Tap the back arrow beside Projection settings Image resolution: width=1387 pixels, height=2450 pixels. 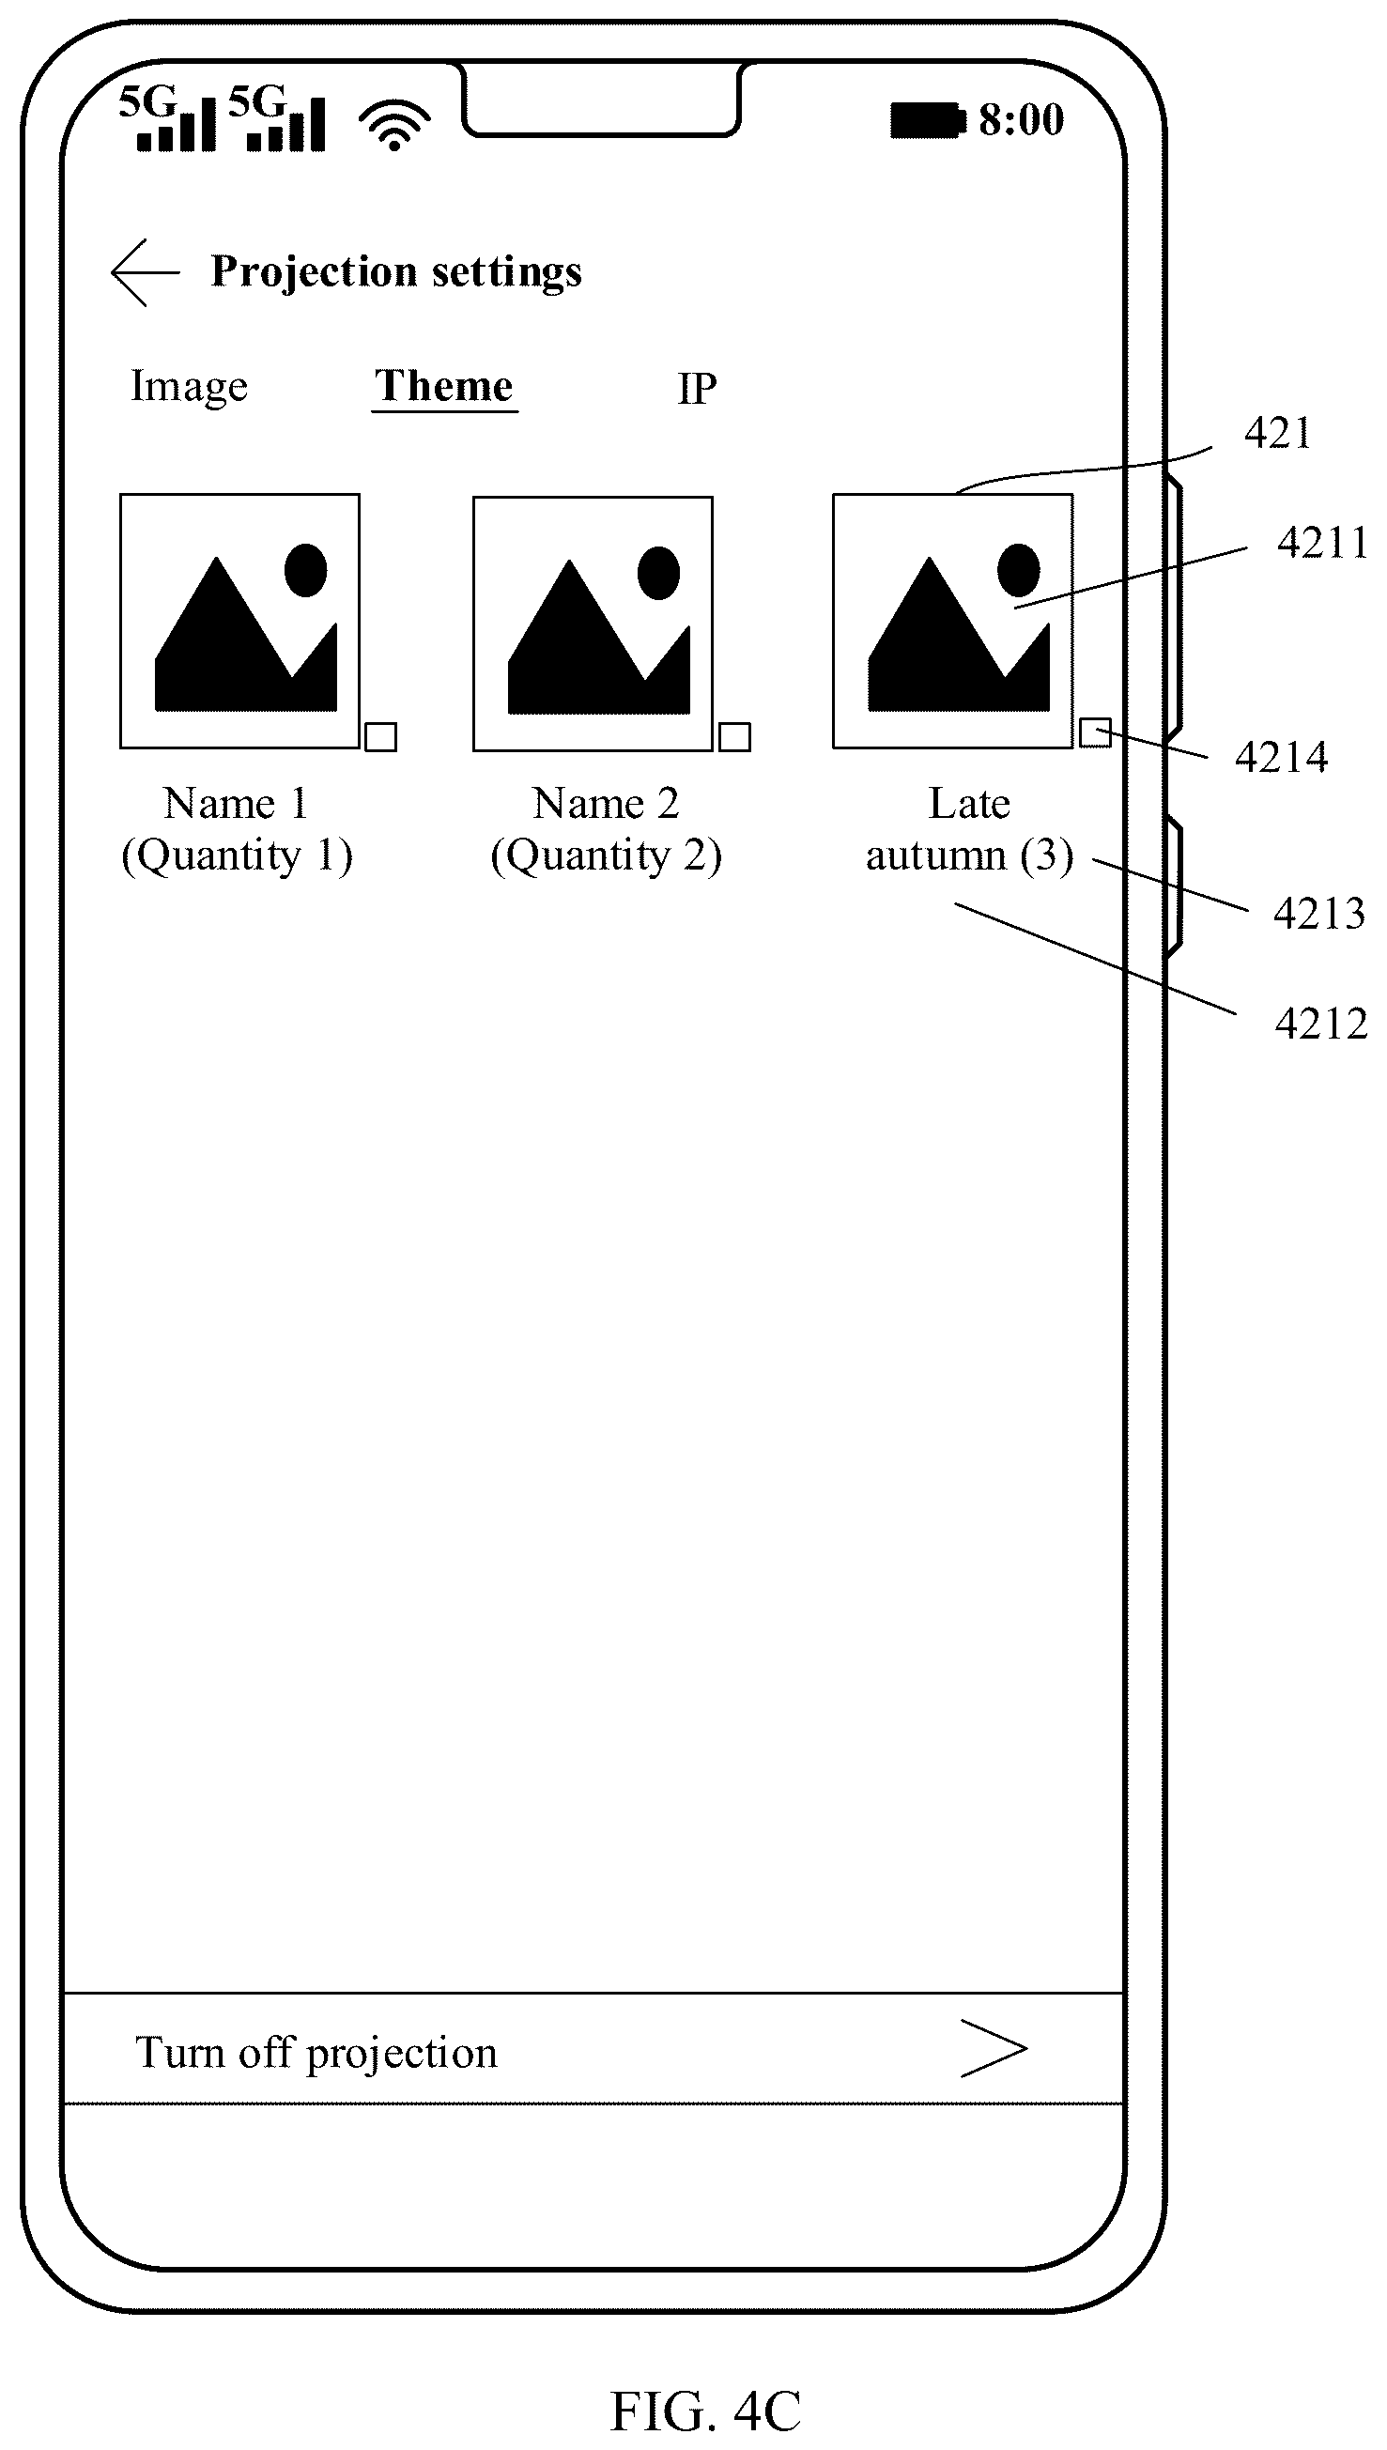(x=145, y=272)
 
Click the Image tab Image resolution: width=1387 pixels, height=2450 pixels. (x=189, y=387)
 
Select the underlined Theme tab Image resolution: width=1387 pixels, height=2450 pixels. (x=444, y=386)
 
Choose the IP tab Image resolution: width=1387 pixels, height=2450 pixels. (x=697, y=389)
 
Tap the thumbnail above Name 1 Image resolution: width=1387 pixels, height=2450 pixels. (x=240, y=621)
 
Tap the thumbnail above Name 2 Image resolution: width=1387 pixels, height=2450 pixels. (x=593, y=624)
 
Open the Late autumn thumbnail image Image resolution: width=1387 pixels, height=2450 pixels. (x=952, y=621)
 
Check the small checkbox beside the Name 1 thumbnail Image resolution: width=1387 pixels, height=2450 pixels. (x=381, y=736)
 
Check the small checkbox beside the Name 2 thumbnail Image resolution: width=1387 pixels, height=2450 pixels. (x=734, y=736)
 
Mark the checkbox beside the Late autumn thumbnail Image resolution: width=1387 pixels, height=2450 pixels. (x=1095, y=732)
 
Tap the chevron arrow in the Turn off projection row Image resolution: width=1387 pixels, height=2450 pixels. (x=994, y=2048)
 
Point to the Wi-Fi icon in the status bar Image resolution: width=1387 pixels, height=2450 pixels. (x=394, y=125)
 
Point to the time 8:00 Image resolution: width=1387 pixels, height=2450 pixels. (x=1021, y=120)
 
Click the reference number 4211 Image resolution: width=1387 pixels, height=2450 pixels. (x=1322, y=543)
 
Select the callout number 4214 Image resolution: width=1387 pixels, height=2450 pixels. (x=1281, y=757)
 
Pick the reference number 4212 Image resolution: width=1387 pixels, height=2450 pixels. (x=1321, y=1024)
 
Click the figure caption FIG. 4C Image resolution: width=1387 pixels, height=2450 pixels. (x=706, y=2411)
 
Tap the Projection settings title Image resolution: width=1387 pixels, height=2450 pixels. (x=396, y=272)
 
